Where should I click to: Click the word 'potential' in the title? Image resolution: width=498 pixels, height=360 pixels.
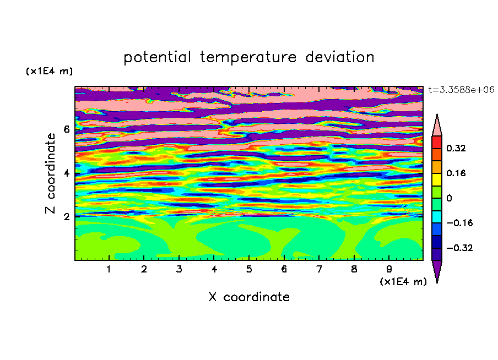[x=157, y=58]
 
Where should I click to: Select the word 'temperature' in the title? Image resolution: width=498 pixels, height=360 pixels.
[x=248, y=58]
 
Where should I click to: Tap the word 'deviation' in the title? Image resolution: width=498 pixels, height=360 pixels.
[x=339, y=57]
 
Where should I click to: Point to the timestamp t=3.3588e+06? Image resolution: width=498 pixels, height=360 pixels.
[x=461, y=90]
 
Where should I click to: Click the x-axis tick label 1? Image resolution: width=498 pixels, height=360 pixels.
[x=109, y=269]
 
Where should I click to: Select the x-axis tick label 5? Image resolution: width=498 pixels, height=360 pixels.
[x=249, y=269]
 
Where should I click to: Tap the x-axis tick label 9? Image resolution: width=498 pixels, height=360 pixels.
[x=389, y=269]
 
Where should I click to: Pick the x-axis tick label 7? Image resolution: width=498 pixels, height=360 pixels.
[x=319, y=269]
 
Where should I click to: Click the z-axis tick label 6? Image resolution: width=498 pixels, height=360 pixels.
[x=66, y=129]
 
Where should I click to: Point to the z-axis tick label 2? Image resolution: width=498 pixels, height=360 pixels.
[x=66, y=216]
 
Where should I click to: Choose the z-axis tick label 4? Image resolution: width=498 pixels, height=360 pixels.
[x=66, y=173]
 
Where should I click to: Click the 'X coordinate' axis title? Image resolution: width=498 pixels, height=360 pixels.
[x=249, y=297]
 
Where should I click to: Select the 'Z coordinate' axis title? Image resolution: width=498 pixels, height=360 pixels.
[x=50, y=173]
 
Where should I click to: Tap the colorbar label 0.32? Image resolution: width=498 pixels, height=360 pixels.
[x=456, y=148]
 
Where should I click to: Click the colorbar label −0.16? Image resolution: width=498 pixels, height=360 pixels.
[x=459, y=223]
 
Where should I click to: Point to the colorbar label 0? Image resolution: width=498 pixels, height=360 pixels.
[x=449, y=198]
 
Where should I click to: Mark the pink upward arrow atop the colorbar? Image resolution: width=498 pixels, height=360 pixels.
[x=437, y=125]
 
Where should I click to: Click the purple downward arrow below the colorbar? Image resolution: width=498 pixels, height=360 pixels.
[x=437, y=271]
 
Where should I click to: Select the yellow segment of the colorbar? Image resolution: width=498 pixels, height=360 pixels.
[x=437, y=179]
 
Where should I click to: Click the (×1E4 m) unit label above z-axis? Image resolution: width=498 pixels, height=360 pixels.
[x=49, y=71]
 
